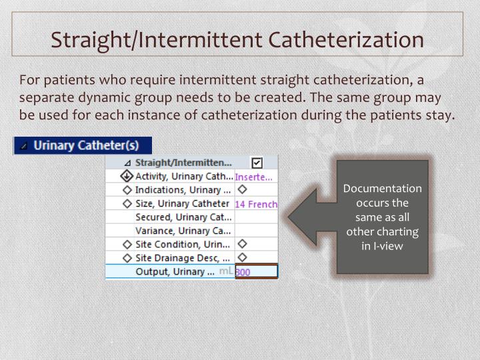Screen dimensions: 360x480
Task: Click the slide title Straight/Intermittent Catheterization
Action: coord(238,39)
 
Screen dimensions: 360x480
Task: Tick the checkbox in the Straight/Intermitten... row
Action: coord(257,162)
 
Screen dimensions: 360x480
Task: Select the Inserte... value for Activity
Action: coord(253,177)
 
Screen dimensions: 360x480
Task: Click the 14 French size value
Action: coord(256,204)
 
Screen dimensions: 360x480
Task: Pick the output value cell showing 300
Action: coord(256,272)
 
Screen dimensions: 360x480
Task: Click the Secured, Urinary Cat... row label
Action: coord(183,217)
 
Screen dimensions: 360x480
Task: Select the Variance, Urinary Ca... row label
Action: coord(183,231)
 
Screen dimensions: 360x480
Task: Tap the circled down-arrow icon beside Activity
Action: coord(127,177)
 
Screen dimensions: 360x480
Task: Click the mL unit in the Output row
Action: coord(226,271)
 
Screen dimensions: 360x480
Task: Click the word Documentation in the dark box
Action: coord(382,189)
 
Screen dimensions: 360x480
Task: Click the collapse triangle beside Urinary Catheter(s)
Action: coord(23,145)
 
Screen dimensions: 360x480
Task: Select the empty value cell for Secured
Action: coord(256,217)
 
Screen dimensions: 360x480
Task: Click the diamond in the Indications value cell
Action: coord(242,190)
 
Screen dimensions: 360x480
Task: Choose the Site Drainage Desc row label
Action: coord(182,258)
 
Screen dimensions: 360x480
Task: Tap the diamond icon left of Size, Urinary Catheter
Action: coord(127,204)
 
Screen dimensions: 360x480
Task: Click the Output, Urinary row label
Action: coord(175,271)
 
